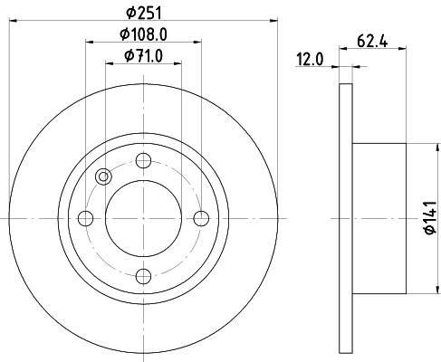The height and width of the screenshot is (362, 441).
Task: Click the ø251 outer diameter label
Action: [144, 14]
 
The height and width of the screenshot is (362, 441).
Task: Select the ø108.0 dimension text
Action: [144, 36]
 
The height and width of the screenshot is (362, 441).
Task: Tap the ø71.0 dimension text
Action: [144, 60]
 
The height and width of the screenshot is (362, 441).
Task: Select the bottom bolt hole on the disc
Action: [143, 276]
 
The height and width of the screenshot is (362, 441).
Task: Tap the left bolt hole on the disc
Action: [86, 218]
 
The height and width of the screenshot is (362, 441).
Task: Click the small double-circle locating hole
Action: [102, 177]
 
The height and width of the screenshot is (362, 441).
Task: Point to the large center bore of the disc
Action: [143, 218]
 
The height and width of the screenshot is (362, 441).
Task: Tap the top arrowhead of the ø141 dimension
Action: [423, 148]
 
